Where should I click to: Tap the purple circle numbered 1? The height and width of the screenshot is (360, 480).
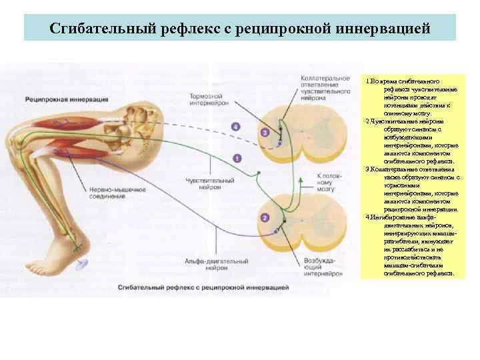tap(237, 158)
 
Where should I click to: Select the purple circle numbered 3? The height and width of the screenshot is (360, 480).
tap(265, 133)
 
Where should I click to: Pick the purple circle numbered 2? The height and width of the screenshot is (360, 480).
tap(265, 218)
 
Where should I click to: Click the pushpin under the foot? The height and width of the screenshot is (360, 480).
tap(80, 265)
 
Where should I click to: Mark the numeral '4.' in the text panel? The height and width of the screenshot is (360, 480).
tap(369, 217)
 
